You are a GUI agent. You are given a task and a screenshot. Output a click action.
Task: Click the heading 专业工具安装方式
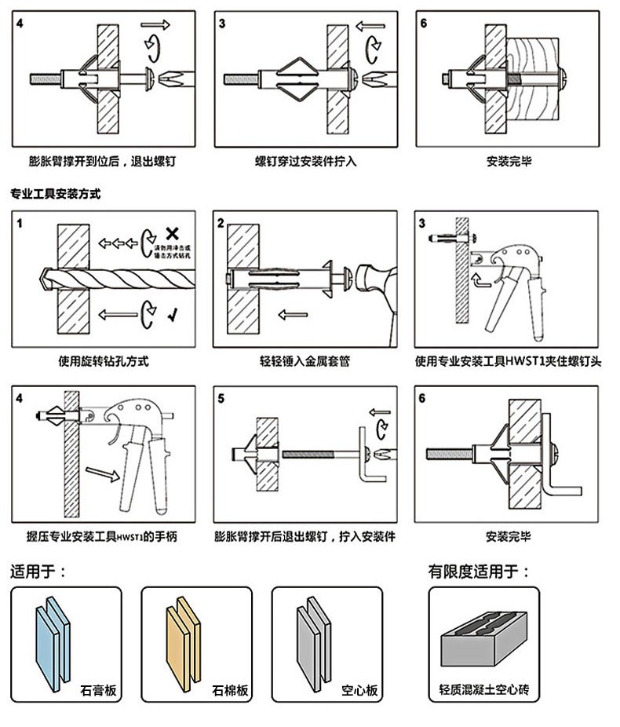(56, 193)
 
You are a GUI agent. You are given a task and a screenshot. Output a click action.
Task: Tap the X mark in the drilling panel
(172, 232)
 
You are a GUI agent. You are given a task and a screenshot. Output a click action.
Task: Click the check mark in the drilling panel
(171, 316)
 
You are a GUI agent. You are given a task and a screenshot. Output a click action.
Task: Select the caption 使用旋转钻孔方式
(104, 362)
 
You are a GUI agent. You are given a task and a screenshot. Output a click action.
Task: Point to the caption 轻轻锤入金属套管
(305, 362)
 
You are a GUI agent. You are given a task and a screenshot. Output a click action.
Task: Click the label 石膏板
(98, 691)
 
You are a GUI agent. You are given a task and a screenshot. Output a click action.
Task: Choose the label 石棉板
(230, 691)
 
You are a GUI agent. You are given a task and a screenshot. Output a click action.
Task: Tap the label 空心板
(360, 691)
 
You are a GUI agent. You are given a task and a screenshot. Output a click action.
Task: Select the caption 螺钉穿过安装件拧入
(305, 162)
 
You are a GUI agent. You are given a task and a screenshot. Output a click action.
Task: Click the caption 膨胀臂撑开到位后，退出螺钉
(102, 162)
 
